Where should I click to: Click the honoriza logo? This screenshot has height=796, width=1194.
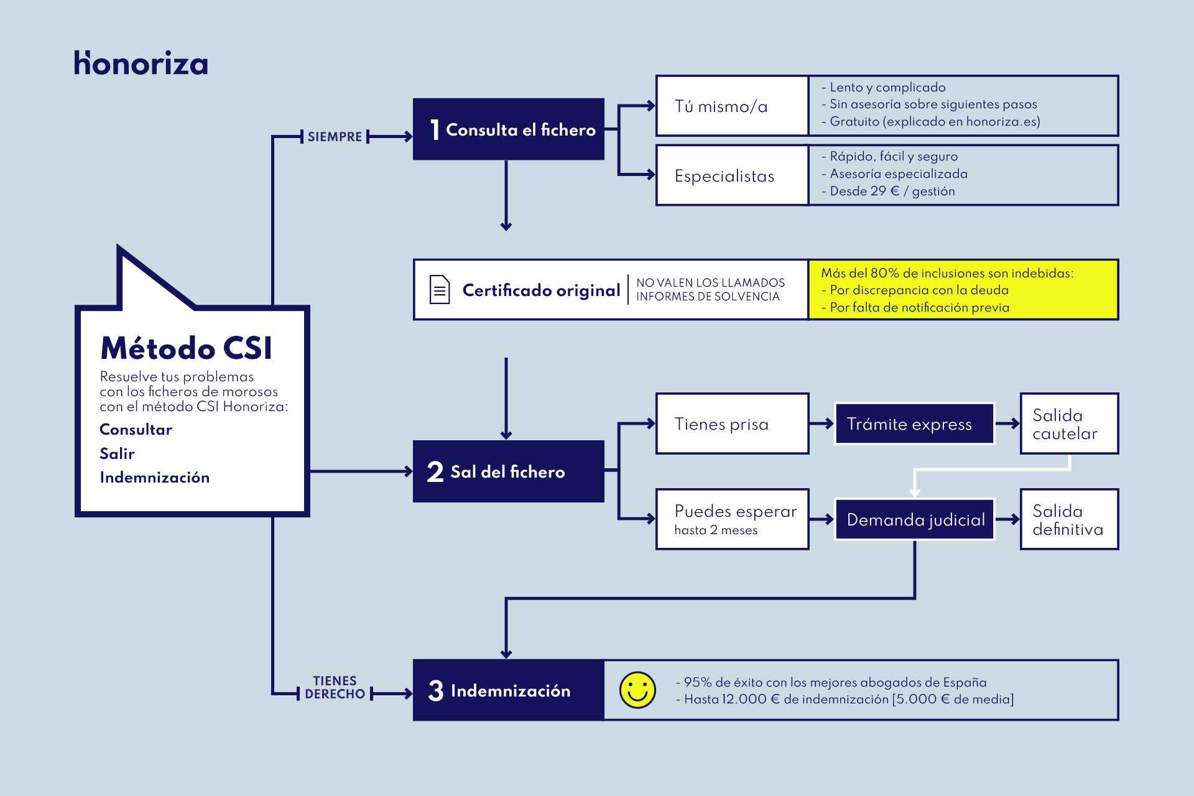point(141,63)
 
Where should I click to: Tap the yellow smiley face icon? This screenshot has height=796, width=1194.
point(637,690)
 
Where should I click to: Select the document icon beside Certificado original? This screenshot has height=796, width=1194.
point(440,290)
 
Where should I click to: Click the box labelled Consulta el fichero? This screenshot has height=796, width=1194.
point(509,129)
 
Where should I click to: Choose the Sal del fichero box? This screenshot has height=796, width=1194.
point(509,471)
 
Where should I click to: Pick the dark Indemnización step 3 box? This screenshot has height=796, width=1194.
point(509,690)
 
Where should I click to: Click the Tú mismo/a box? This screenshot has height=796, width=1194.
point(733,106)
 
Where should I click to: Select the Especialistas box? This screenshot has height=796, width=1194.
point(733,176)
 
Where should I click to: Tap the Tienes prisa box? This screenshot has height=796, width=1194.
point(733,424)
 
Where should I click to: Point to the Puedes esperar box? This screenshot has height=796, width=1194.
point(733,519)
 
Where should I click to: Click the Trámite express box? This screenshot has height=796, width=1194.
point(914,424)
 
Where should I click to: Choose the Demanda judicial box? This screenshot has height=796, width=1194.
point(915,519)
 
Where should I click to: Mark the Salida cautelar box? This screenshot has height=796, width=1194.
point(1069,424)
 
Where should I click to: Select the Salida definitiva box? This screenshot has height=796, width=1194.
point(1069,519)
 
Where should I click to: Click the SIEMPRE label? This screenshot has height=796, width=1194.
point(335,137)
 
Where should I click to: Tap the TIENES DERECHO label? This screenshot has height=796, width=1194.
point(335,688)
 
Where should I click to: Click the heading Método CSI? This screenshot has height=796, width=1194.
point(186,348)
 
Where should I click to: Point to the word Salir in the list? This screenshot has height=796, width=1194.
point(117,453)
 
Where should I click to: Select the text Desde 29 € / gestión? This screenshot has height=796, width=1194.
point(892,192)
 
